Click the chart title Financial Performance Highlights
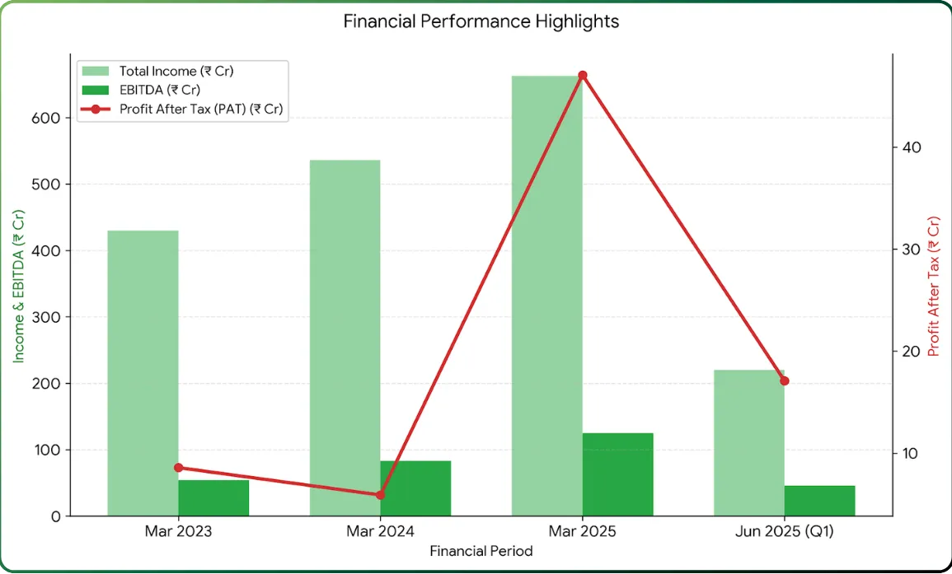[x=481, y=21]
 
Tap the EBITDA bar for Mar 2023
[x=213, y=498]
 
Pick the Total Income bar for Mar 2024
[x=345, y=338]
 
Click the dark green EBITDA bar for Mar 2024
[x=415, y=488]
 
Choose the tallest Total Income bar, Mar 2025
[x=546, y=296]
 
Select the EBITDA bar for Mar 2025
[x=617, y=474]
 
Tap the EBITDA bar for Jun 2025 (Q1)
[x=819, y=501]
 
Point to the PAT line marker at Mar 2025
[x=582, y=76]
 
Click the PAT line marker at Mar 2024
[x=380, y=495]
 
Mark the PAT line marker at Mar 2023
[x=178, y=468]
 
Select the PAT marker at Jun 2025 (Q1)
[x=784, y=380]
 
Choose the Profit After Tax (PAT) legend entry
[x=203, y=109]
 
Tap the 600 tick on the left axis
[x=49, y=118]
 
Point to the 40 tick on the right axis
[x=911, y=147]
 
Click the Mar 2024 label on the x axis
[x=380, y=532]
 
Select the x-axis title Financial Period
[x=481, y=551]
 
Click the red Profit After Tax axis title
[x=934, y=286]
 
